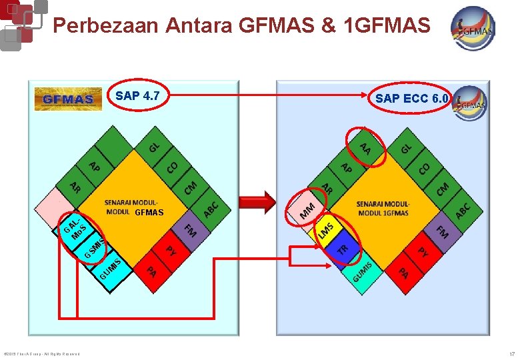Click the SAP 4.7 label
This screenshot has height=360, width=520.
click(x=137, y=95)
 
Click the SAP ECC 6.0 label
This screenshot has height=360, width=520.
click(x=412, y=99)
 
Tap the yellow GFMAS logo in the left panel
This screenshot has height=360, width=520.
click(x=68, y=99)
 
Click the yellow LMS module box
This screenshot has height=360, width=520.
click(x=327, y=229)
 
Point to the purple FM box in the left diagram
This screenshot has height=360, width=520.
click(x=190, y=231)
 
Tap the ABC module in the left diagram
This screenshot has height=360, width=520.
click(x=211, y=209)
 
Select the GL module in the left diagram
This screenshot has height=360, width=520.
click(x=154, y=146)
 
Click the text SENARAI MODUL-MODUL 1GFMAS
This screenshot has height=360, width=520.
click(x=383, y=208)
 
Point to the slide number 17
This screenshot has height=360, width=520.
click(x=511, y=353)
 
